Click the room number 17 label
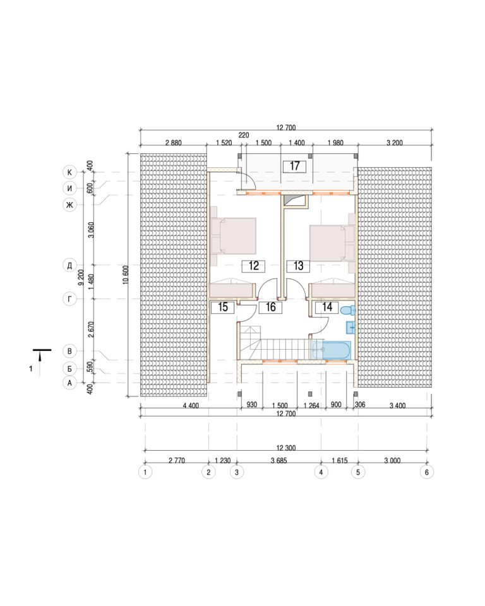pos(294,166)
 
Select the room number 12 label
pos(254,266)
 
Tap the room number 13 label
pos(298,266)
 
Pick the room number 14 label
pos(327,307)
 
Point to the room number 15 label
pos(223,307)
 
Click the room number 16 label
pos(270,307)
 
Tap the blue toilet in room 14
pos(348,310)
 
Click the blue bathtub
pos(332,350)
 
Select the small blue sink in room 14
pos(350,328)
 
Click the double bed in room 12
pos(234,235)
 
